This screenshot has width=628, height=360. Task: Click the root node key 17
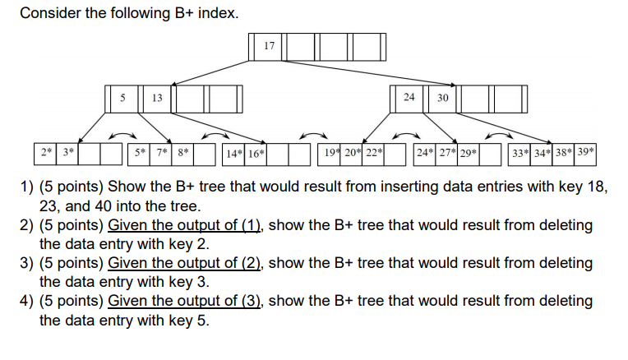[270, 45]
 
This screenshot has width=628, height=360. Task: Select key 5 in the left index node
[122, 98]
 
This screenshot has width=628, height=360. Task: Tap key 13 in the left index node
[156, 98]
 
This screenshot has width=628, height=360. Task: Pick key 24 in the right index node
[409, 98]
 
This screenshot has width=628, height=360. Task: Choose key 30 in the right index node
[442, 98]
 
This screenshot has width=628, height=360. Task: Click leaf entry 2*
[46, 153]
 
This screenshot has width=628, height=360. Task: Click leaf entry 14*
[233, 153]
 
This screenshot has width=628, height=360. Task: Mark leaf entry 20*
[353, 153]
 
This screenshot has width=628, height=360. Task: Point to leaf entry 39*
[585, 153]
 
